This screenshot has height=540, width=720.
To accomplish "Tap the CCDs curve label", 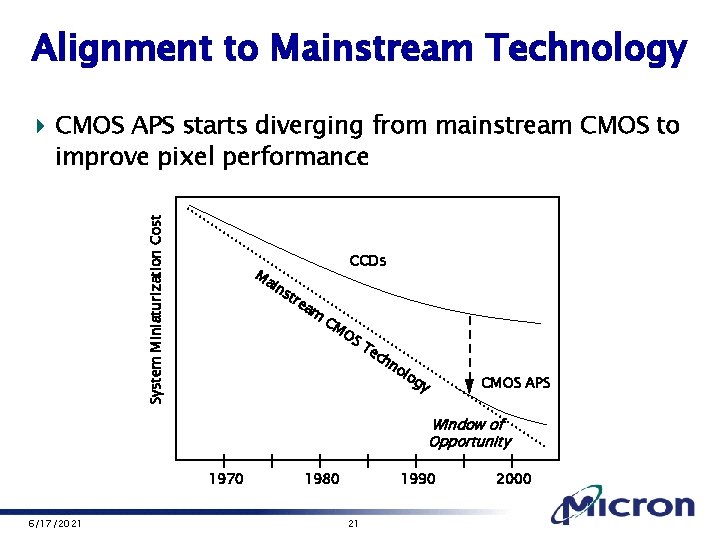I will pos(367,262).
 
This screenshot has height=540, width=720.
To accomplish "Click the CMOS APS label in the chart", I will pos(515,382).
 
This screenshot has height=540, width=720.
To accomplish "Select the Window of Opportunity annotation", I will pos(469,433).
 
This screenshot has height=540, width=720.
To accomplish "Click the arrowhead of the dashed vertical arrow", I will pos(469,384).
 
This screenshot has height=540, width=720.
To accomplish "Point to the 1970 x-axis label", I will pos(225,479).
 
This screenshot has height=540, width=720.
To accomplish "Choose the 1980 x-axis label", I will pos(321,479).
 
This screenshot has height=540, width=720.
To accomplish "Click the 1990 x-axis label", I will pos(417,479).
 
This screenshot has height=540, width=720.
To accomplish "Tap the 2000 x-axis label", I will pos(513,479).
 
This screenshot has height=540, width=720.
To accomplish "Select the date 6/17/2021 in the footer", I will pos(56,525).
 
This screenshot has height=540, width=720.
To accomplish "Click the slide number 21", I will pos(352,525).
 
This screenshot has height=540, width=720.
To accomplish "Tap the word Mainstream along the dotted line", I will pos(288,298).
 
